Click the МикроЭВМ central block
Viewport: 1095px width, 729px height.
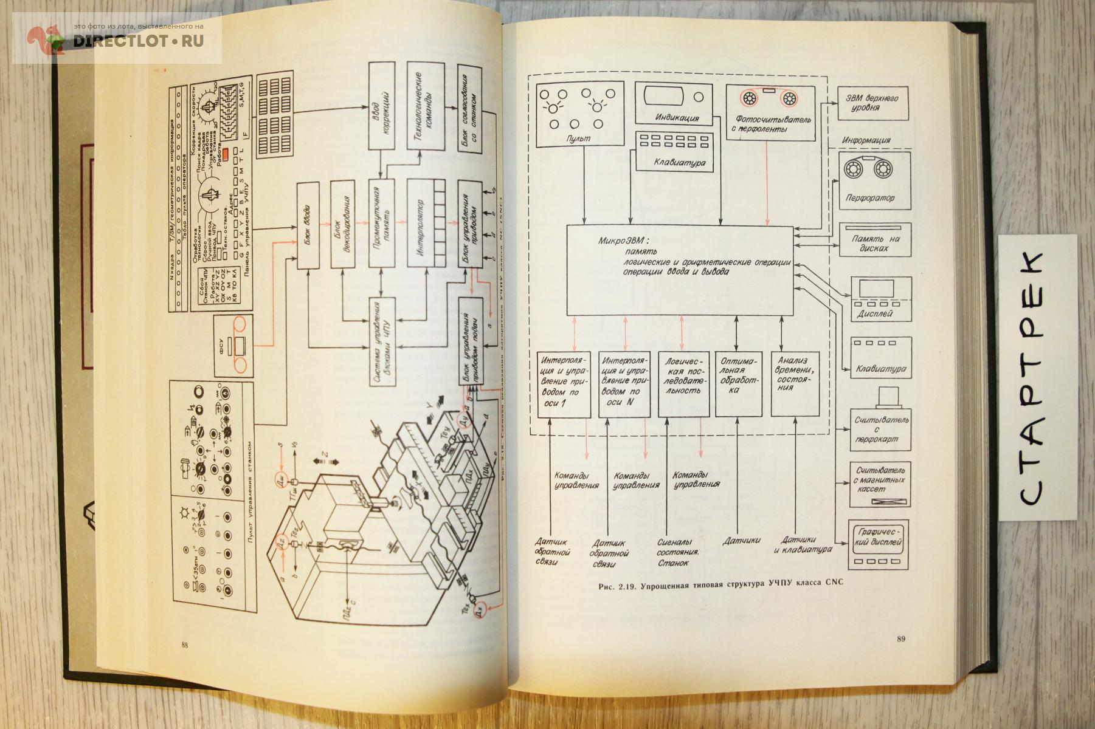pos(680,270)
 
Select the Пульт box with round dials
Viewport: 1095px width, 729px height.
pos(580,114)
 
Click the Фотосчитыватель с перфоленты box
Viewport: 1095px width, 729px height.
pos(770,112)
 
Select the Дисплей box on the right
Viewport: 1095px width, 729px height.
pos(881,299)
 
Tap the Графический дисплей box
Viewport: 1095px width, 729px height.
pos(879,543)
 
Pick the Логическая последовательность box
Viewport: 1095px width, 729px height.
pos(683,383)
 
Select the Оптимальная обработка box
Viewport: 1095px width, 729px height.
pos(738,383)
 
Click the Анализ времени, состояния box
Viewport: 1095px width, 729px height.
pos(794,383)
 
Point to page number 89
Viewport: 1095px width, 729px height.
pos(901,638)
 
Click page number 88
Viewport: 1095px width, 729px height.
pos(184,645)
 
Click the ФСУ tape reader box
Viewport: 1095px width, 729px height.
pos(233,346)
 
